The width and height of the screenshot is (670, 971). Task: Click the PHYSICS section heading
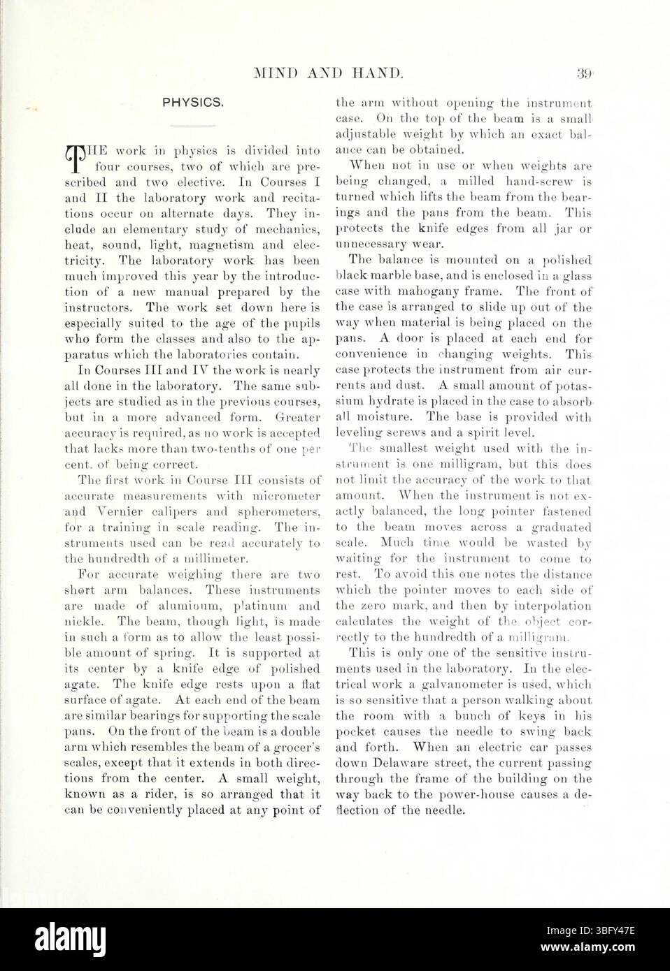(x=193, y=103)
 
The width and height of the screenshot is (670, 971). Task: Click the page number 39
(x=584, y=72)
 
